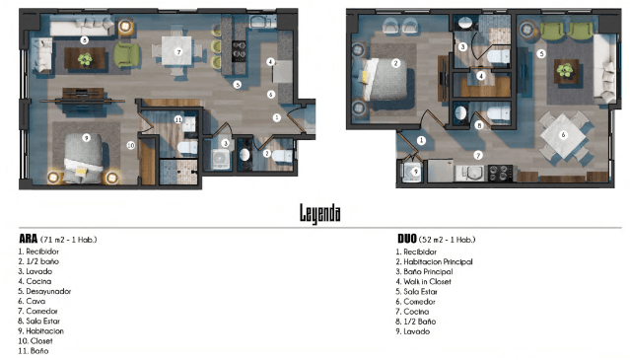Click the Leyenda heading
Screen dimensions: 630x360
(x=320, y=213)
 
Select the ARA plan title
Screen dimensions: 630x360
(x=29, y=239)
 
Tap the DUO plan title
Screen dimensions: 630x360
(x=407, y=239)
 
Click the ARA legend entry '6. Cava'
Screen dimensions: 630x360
(x=32, y=301)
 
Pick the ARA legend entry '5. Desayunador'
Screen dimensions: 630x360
(x=44, y=291)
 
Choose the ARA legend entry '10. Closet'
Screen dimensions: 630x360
(x=35, y=340)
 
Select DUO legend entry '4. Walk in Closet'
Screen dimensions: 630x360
(x=424, y=282)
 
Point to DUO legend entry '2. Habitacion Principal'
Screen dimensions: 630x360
(x=435, y=261)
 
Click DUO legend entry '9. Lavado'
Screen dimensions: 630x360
(x=413, y=331)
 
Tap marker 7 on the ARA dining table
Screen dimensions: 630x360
(x=178, y=51)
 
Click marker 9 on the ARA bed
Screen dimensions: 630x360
(x=86, y=138)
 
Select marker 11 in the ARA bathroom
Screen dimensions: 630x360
(x=178, y=119)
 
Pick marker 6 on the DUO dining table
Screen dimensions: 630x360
(x=563, y=134)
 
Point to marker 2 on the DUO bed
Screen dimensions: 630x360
(x=395, y=63)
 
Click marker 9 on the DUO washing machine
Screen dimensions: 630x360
(x=416, y=172)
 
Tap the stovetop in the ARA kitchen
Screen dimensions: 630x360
(x=239, y=51)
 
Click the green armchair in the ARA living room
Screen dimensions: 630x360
(x=126, y=55)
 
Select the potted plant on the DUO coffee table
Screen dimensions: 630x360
(x=565, y=70)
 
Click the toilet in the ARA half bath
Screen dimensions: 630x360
(x=281, y=155)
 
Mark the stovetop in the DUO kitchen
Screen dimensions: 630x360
(x=500, y=174)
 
